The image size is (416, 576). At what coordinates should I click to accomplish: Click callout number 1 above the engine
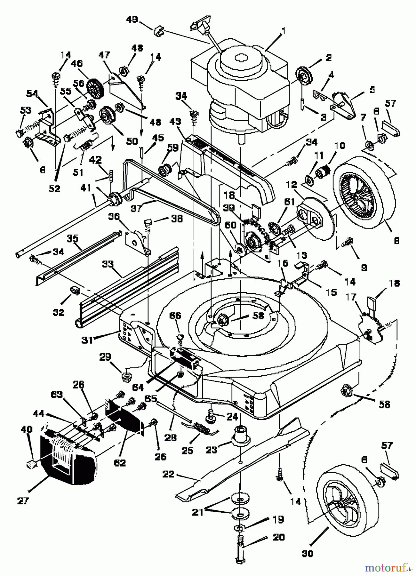[x=283, y=31]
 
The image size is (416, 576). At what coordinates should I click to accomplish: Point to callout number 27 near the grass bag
[x=23, y=500]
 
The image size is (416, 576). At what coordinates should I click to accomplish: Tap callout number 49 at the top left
[x=132, y=20]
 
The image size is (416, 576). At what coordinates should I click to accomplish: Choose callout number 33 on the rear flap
[x=108, y=264]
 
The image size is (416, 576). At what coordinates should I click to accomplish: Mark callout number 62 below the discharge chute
[x=120, y=462]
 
